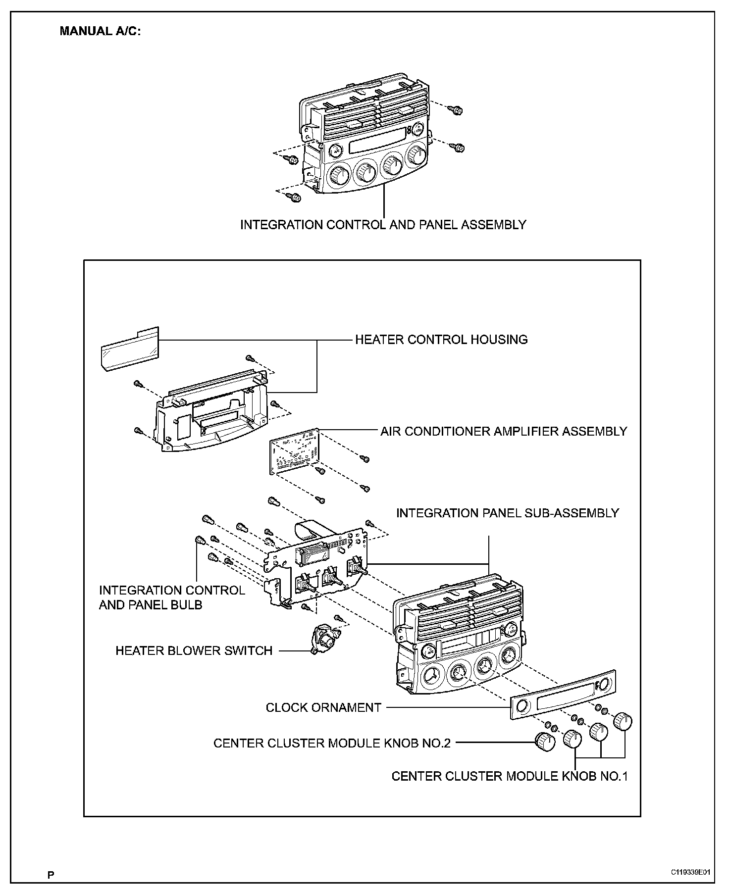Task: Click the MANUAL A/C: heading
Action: coord(100,31)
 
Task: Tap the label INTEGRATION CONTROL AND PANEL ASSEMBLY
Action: coord(383,225)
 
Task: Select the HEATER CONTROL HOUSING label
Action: coord(441,340)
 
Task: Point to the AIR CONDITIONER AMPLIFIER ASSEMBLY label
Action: coord(504,431)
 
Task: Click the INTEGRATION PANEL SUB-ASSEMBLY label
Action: coord(507,513)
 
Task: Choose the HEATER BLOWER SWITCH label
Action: coord(194,650)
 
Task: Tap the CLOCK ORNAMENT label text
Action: coord(323,707)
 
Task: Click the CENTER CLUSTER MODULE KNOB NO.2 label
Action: coord(332,743)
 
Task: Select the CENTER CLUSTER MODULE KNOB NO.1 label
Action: coord(509,776)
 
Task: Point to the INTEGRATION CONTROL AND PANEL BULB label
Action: coord(171,597)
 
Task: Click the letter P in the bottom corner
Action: coord(51,875)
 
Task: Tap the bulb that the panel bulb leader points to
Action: coord(199,540)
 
